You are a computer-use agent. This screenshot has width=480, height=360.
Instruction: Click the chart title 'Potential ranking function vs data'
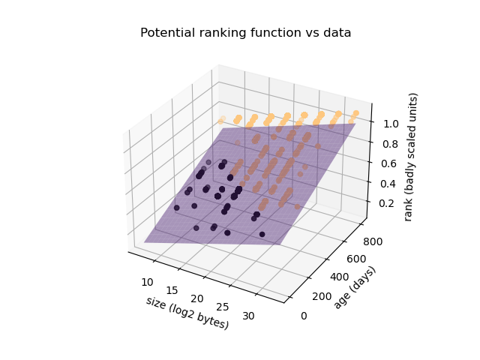[245, 33]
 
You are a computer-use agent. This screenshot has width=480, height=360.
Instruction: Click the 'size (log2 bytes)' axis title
[187, 312]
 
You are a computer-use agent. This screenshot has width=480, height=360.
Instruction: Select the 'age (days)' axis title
[355, 287]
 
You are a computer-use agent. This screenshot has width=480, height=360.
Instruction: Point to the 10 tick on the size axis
[147, 281]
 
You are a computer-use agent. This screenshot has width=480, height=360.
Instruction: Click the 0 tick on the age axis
[304, 315]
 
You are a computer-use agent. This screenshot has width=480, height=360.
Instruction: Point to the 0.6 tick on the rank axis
[389, 163]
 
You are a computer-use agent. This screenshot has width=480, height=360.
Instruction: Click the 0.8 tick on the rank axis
[389, 142]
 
